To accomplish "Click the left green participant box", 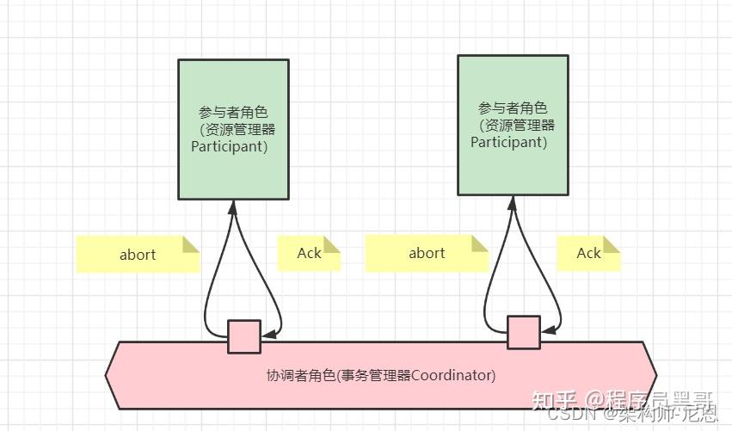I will point(233,129).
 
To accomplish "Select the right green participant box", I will point(513,126).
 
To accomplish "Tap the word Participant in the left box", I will point(229,146).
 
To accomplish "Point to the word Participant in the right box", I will point(508,142).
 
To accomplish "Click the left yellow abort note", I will point(138,254).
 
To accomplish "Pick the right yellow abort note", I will point(427,253).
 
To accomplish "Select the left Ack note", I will point(309,253).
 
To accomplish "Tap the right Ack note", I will point(588,252).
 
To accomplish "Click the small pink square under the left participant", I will point(243,336).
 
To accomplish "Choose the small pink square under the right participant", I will point(523,332).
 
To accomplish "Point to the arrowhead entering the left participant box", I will point(233,206).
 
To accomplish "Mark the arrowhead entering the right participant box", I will point(513,201).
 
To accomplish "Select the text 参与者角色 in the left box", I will point(233,113).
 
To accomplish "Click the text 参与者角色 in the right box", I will point(513,108).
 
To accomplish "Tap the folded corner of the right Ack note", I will point(612,245).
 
